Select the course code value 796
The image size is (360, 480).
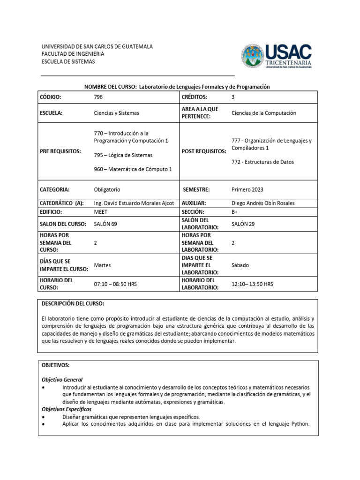point(98,97)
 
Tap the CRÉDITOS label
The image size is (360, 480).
point(195,97)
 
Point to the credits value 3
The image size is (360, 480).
point(233,97)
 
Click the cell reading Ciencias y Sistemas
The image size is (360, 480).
point(116,113)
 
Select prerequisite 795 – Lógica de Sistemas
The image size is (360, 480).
point(123,155)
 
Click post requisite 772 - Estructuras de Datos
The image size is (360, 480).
point(263,162)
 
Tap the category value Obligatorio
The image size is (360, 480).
point(107,189)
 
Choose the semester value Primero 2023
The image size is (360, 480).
point(247,189)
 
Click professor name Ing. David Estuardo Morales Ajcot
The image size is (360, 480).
point(134,203)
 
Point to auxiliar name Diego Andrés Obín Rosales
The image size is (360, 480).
point(263,203)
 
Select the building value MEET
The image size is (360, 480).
point(101,211)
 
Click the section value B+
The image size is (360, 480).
point(235,211)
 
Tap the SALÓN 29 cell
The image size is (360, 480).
point(243,224)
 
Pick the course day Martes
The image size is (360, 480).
point(103,265)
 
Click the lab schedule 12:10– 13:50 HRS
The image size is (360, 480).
point(253,284)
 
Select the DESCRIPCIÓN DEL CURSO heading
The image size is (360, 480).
point(73,303)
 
